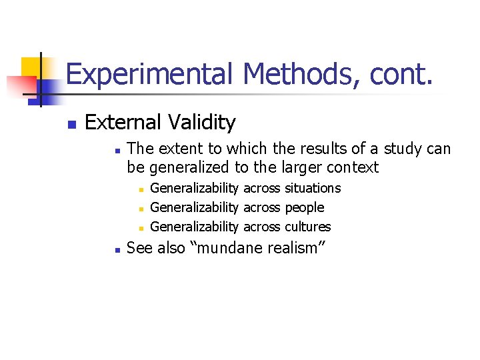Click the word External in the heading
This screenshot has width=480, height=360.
click(123, 123)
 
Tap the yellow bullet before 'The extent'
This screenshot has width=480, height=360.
click(116, 150)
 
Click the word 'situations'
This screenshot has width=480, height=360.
click(313, 189)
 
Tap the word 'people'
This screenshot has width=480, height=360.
click(304, 208)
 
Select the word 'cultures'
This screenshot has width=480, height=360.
click(307, 227)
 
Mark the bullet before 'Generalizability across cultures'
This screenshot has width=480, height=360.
click(141, 228)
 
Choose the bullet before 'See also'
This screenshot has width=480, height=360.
click(116, 250)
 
